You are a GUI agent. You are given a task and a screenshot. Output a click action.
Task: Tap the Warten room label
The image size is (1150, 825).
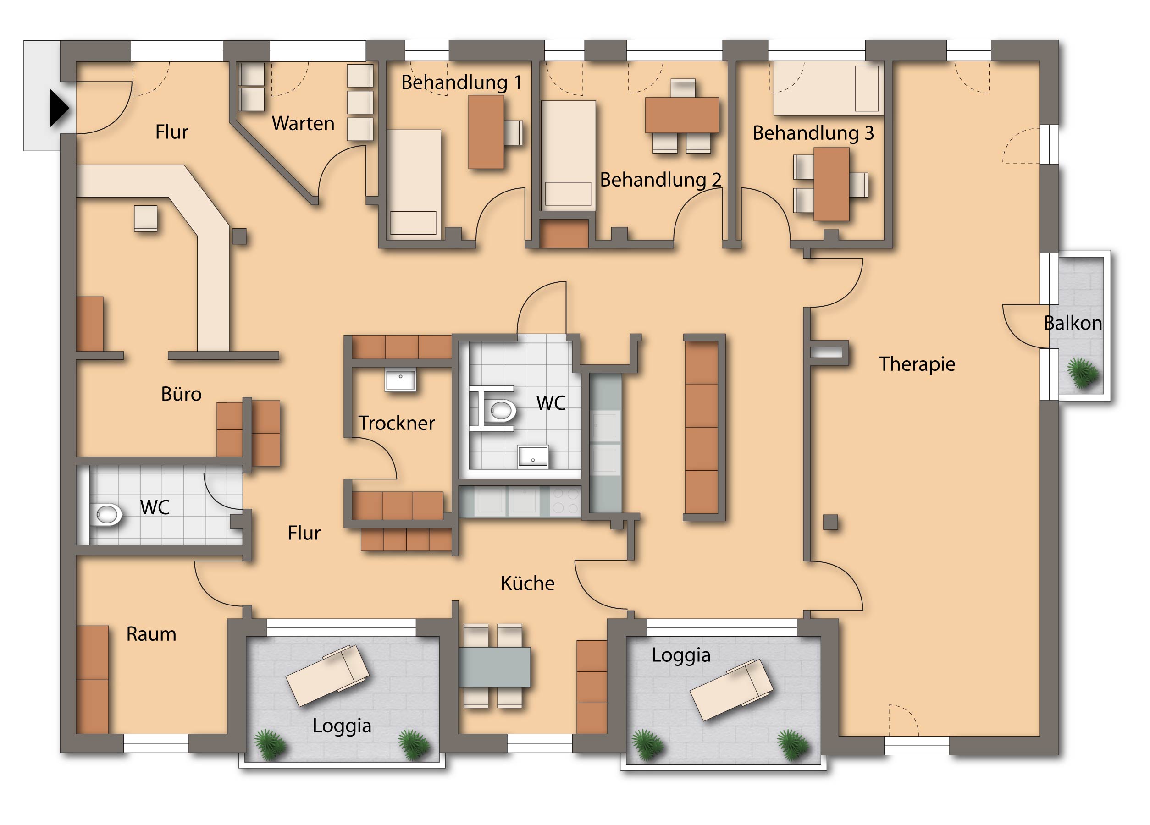(x=303, y=123)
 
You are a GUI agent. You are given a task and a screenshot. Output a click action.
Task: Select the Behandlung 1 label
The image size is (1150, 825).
(x=461, y=82)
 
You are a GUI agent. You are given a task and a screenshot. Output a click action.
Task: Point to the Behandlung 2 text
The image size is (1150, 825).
(x=661, y=180)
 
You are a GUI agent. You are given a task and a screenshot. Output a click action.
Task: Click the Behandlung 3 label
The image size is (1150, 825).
(x=813, y=133)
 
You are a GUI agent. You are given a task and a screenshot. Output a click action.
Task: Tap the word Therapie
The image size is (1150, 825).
(x=917, y=364)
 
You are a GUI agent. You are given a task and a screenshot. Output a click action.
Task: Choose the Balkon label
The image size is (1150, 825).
(x=1073, y=323)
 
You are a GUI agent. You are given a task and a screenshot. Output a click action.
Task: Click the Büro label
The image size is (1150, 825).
(x=181, y=394)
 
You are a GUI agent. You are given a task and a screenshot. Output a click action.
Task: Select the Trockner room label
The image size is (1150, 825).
(x=397, y=423)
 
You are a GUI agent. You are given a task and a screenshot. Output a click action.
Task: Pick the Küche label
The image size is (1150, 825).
(x=527, y=583)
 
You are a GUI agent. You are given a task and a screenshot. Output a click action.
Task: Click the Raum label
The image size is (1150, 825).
(x=151, y=634)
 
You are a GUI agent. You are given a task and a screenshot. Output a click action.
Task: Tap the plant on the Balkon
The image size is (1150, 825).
(x=1083, y=373)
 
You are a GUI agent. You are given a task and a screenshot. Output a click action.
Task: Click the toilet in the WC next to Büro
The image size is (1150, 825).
(x=106, y=515)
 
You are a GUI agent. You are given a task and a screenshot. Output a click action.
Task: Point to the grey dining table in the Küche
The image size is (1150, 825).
(x=494, y=667)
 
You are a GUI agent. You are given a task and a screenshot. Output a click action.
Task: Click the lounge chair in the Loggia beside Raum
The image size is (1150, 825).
(x=327, y=676)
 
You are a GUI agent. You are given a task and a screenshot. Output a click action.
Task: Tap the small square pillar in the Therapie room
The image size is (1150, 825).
(x=830, y=522)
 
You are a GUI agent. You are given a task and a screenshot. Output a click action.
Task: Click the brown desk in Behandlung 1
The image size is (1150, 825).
(x=486, y=132)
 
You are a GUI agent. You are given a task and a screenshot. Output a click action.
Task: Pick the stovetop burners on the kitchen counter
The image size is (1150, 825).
(x=565, y=500)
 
